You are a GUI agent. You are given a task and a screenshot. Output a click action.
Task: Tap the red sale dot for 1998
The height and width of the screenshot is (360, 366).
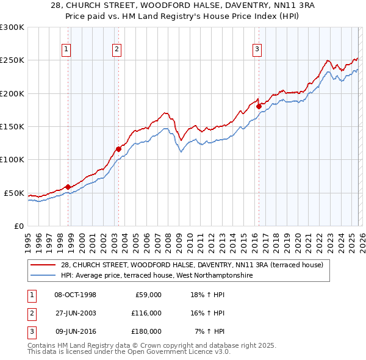(68, 187)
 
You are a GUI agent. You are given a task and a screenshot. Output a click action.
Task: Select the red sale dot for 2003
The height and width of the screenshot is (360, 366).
(118, 148)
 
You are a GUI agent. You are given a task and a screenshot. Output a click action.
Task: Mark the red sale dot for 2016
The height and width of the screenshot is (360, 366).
(259, 106)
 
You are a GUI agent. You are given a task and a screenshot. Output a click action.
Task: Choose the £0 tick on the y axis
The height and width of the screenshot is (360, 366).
(18, 226)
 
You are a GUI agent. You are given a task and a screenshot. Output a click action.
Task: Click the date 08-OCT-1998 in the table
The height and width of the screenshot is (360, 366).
(75, 295)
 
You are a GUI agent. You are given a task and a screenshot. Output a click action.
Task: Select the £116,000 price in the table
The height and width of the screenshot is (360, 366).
(146, 313)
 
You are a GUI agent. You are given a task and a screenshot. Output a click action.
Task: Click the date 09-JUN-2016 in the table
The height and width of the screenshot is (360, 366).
(75, 331)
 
